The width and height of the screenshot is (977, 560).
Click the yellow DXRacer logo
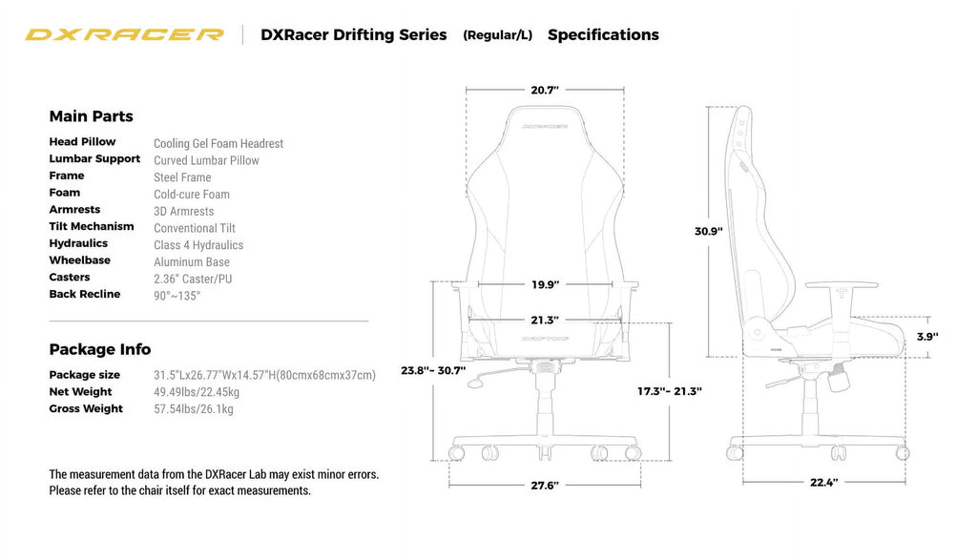tap(124, 35)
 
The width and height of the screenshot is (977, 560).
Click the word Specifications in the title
tap(603, 35)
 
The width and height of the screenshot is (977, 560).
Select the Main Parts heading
tap(91, 116)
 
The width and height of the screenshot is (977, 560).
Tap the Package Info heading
tap(99, 349)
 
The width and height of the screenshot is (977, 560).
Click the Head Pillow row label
tap(82, 142)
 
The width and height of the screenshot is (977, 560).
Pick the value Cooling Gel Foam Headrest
tap(218, 144)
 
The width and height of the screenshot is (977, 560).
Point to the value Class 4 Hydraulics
tap(198, 245)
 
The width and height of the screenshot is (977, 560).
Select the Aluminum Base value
tap(192, 262)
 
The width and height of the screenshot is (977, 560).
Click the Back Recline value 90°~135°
tap(177, 296)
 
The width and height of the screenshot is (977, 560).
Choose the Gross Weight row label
tap(86, 409)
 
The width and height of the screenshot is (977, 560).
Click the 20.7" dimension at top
tap(545, 91)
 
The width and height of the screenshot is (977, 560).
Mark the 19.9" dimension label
tap(545, 284)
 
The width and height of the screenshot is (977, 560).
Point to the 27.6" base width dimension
tap(544, 486)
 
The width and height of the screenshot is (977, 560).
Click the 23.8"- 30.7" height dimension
tap(433, 370)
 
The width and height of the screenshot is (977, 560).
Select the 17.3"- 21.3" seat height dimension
tap(669, 391)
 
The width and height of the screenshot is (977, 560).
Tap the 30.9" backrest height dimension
tap(708, 231)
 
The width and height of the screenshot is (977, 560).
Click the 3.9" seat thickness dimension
tap(926, 337)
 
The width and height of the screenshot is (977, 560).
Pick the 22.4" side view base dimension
tap(823, 483)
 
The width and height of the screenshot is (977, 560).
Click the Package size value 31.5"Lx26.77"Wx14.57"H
tap(264, 375)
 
